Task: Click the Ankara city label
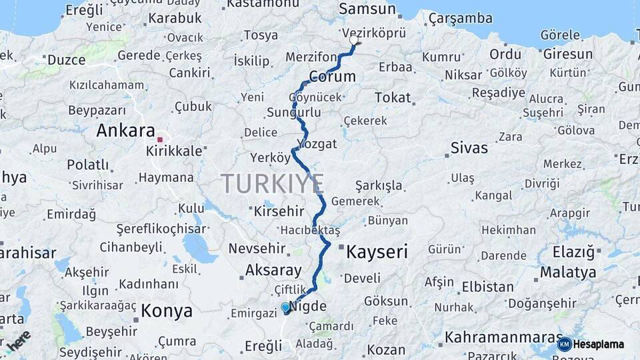pyautogui.click(x=125, y=130)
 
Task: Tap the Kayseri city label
pyautogui.click(x=377, y=251)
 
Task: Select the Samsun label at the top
pyautogui.click(x=367, y=9)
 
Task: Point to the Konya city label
pyautogui.click(x=167, y=311)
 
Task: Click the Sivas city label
pyautogui.click(x=469, y=147)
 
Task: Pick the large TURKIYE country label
pyautogui.click(x=273, y=183)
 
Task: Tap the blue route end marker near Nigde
pyautogui.click(x=286, y=307)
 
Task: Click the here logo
pyautogui.click(x=18, y=339)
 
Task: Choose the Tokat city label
pyautogui.click(x=393, y=97)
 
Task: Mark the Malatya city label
pyautogui.click(x=568, y=272)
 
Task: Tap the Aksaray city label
pyautogui.click(x=273, y=270)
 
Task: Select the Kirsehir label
pyautogui.click(x=279, y=211)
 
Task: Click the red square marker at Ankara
pyautogui.click(x=160, y=139)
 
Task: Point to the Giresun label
pyautogui.click(x=567, y=54)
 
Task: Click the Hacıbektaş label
pyautogui.click(x=310, y=230)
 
